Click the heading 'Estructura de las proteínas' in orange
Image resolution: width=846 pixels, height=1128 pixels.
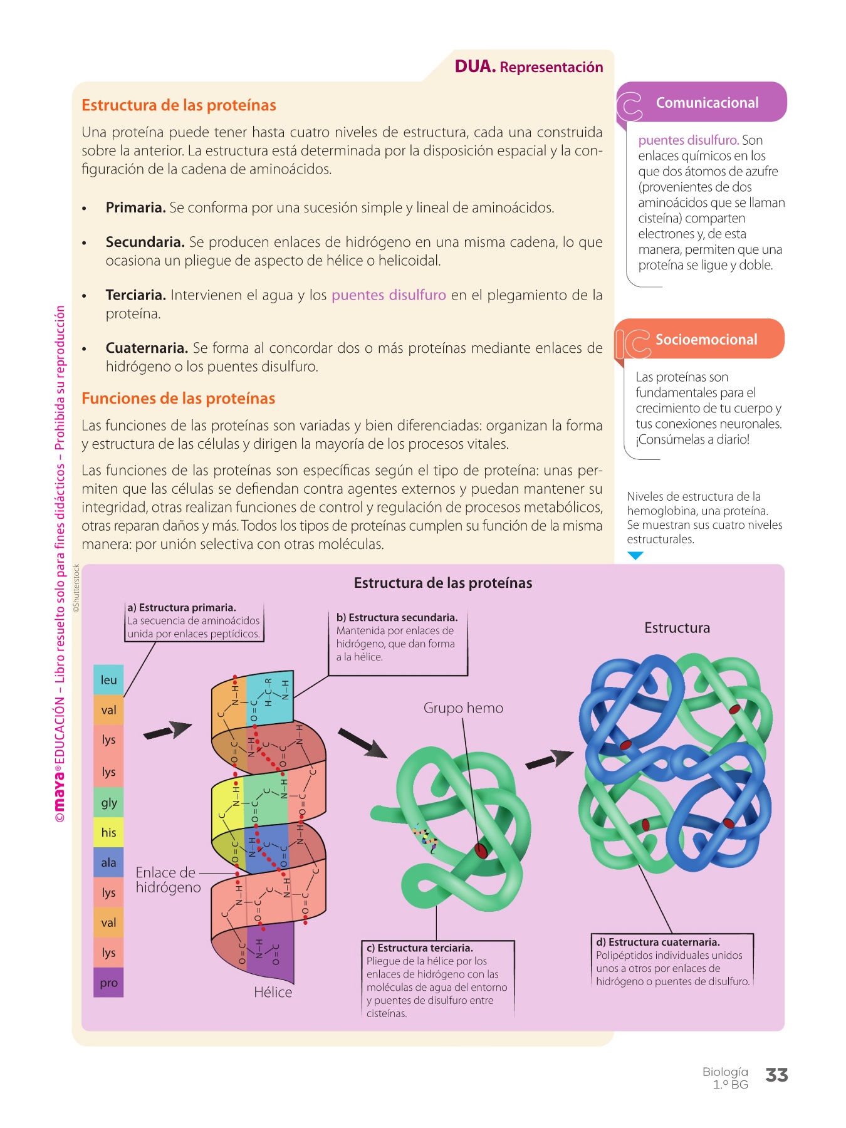[179, 105]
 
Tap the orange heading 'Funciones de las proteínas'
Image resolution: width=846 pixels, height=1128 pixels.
[179, 399]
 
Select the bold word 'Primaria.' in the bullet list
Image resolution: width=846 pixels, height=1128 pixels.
[135, 207]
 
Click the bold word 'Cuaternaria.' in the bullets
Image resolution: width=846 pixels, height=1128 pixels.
[147, 348]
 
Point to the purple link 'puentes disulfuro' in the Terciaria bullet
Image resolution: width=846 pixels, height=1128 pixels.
[389, 295]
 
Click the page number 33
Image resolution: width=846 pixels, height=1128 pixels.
[776, 1075]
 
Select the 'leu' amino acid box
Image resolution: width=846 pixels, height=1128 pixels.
[108, 680]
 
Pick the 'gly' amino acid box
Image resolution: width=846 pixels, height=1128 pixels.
[108, 802]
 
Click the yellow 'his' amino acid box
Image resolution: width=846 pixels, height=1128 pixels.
[108, 832]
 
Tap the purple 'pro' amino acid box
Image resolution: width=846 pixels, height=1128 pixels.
[108, 983]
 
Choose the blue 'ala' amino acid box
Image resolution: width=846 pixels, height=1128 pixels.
[108, 862]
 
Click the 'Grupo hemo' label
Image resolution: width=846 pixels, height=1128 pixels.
[463, 708]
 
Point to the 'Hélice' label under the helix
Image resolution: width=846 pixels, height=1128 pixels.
[273, 992]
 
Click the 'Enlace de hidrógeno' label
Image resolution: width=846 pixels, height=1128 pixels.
[168, 880]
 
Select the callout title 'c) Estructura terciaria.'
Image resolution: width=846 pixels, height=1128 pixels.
[420, 948]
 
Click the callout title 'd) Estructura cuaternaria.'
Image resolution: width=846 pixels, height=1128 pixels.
[658, 942]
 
